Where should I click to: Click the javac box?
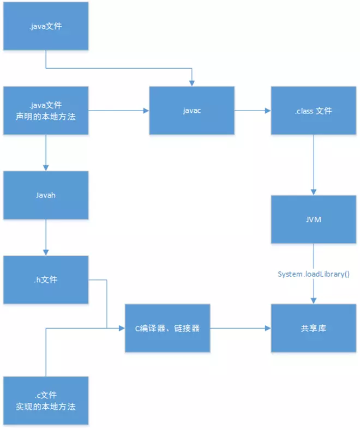[192, 111]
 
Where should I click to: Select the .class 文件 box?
[313, 111]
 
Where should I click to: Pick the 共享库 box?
[313, 328]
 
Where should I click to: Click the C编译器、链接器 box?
[167, 328]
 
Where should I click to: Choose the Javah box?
[45, 195]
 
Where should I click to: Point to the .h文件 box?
[45, 280]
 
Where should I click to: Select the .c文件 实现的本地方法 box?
[45, 401]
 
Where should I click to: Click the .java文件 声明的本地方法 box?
[45, 111]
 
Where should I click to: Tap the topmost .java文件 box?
[45, 26]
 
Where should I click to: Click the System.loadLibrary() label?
[313, 274]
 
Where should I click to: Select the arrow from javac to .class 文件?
[253, 111]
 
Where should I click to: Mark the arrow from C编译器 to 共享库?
[241, 328]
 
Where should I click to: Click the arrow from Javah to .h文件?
[45, 238]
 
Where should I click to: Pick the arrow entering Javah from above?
[45, 153]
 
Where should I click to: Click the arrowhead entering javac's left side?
[146, 111]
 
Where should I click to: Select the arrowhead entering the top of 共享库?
[313, 300]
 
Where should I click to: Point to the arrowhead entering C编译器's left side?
[122, 328]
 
